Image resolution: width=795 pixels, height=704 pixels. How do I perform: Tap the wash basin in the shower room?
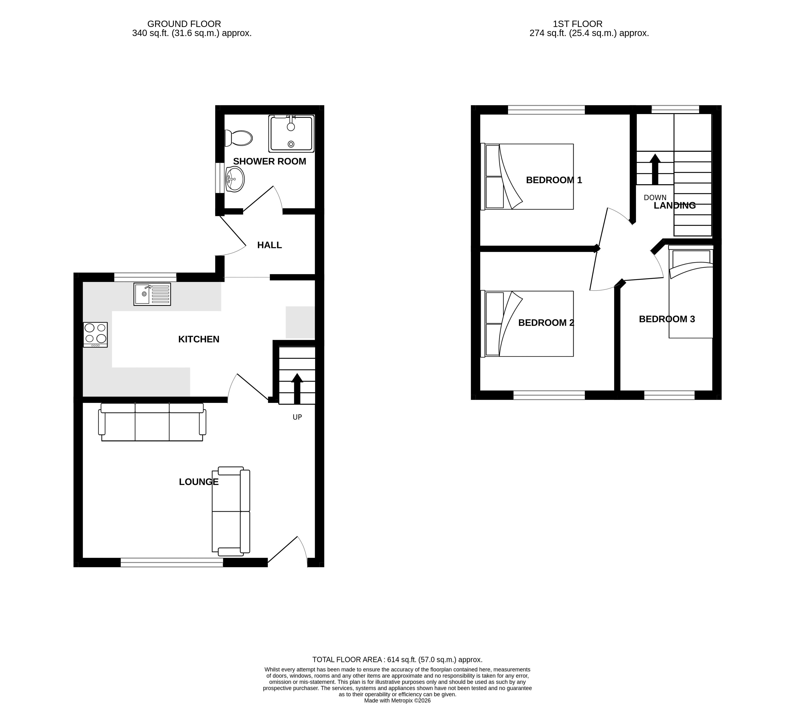coord(235,179)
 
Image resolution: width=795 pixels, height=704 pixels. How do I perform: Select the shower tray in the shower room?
coord(291,133)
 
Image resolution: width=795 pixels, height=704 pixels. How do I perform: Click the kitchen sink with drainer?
coord(152,294)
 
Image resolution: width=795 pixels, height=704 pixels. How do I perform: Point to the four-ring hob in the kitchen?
coord(95,334)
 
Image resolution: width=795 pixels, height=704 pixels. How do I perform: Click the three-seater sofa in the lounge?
coord(152,422)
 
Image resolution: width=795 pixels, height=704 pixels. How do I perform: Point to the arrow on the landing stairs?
coord(655,169)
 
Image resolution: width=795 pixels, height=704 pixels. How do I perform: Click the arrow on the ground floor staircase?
coord(297,389)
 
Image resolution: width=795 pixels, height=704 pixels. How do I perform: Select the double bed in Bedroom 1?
coord(527,177)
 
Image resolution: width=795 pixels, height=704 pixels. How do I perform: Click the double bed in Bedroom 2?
coord(527,324)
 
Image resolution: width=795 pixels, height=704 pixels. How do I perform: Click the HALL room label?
coord(270,245)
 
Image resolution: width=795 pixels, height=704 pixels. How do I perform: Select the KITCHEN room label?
coord(199,339)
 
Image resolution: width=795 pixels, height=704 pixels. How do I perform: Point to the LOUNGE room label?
coord(199,482)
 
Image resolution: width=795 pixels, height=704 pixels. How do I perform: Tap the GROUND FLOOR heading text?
coord(184,24)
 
